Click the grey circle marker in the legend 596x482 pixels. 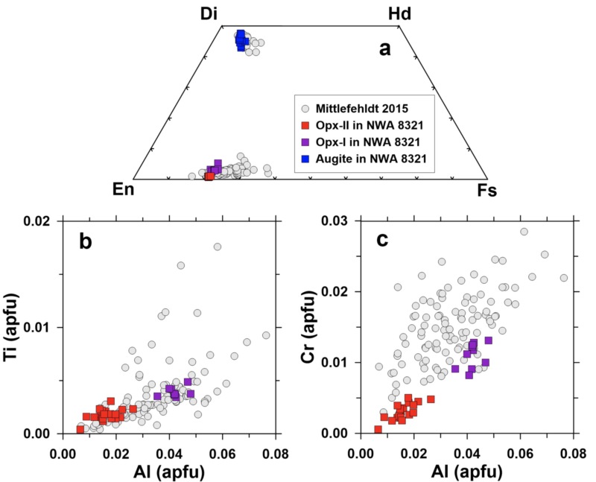[x=305, y=107]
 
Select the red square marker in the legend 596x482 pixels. [x=305, y=124]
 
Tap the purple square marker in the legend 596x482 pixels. [x=305, y=142]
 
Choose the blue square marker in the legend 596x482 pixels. [x=305, y=159]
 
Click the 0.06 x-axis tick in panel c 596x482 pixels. [x=520, y=451]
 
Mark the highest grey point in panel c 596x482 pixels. [x=524, y=232]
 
